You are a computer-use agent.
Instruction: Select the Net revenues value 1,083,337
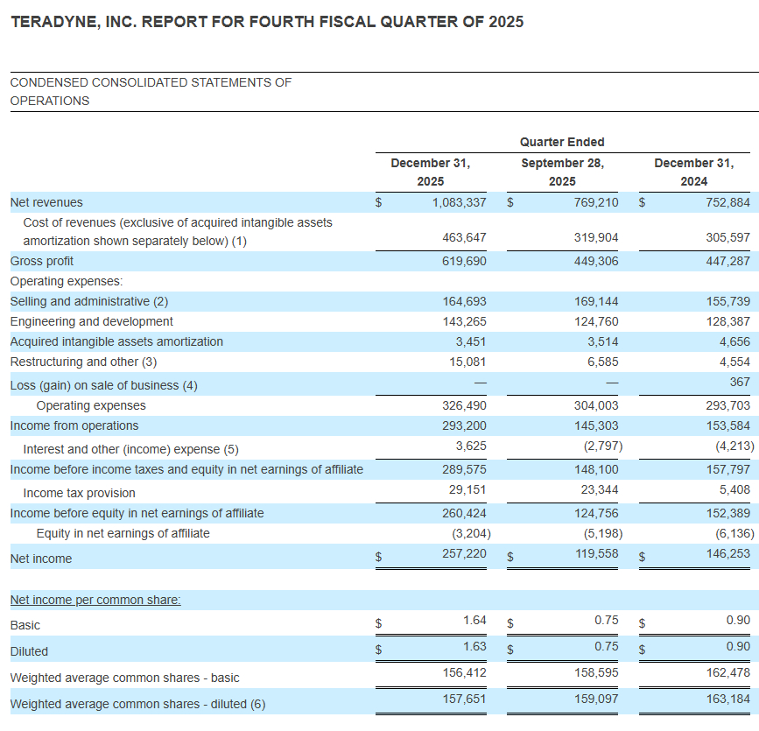click(459, 202)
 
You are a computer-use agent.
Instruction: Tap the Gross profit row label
click(42, 261)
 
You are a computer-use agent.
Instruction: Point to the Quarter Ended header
click(562, 142)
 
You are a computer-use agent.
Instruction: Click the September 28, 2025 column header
click(562, 172)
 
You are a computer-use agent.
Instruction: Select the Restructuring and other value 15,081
click(465, 362)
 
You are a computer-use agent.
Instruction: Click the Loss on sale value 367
click(740, 382)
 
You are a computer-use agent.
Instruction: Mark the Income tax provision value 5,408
click(735, 489)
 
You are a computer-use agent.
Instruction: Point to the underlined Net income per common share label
click(95, 600)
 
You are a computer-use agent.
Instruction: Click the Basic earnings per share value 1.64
click(474, 620)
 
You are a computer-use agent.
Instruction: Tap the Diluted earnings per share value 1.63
click(474, 646)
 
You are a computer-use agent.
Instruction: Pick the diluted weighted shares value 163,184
click(730, 699)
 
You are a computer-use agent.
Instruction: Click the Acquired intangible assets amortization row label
click(116, 341)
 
